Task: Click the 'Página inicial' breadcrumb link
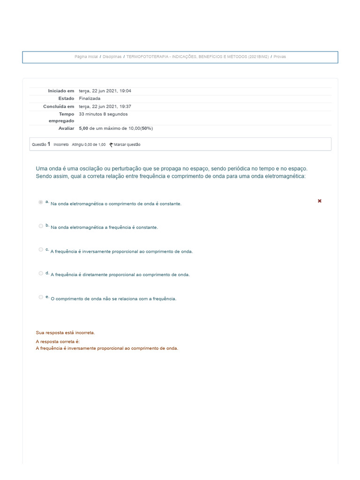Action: pyautogui.click(x=86, y=57)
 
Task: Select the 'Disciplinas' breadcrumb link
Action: pyautogui.click(x=112, y=57)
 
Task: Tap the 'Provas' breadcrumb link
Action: pyautogui.click(x=280, y=57)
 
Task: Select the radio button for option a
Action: pyautogui.click(x=41, y=202)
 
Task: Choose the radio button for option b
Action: pyautogui.click(x=41, y=226)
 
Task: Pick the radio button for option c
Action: pyautogui.click(x=41, y=249)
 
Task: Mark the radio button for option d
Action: pyautogui.click(x=41, y=273)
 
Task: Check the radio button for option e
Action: pyautogui.click(x=41, y=297)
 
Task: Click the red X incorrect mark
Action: pyautogui.click(x=320, y=201)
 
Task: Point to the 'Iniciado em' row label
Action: pyautogui.click(x=61, y=90)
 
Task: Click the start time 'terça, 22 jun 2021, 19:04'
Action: pyautogui.click(x=105, y=90)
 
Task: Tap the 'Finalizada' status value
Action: pyautogui.click(x=90, y=98)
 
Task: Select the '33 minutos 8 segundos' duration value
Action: pyautogui.click(x=103, y=114)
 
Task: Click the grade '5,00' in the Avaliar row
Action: pyautogui.click(x=84, y=128)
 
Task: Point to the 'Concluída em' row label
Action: pyautogui.click(x=59, y=106)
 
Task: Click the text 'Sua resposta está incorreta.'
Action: pyautogui.click(x=65, y=332)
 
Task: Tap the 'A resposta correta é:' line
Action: pyautogui.click(x=58, y=342)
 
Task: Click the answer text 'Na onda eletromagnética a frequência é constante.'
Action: pyautogui.click(x=104, y=227)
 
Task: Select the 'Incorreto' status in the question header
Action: pyautogui.click(x=61, y=144)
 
